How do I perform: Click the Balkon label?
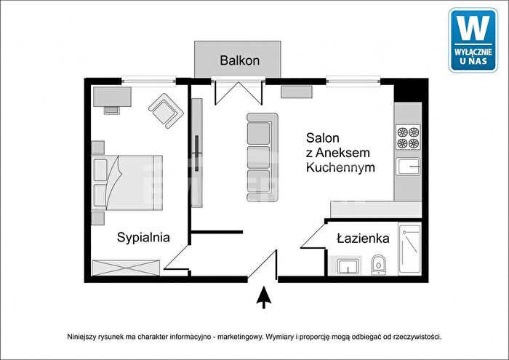coord(239,60)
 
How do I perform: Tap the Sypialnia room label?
coord(143,238)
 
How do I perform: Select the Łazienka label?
coord(363,239)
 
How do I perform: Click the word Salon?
coord(323,138)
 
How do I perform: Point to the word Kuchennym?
coord(340,167)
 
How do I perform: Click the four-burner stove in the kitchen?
coord(408,137)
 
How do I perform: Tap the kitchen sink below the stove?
coord(408,167)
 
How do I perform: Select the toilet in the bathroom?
coord(379,264)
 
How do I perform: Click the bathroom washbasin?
coord(348,266)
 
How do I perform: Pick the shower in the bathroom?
coord(409,249)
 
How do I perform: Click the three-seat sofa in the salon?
coord(262,157)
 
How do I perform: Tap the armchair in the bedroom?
coord(166,111)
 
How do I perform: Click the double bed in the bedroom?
coord(127,183)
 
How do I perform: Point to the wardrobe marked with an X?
coord(126,268)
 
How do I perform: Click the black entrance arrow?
coord(264,297)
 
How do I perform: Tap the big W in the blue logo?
coord(473,28)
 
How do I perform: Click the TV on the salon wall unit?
coord(196,153)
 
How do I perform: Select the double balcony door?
coord(239,93)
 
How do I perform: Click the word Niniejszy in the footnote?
coord(80,337)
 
